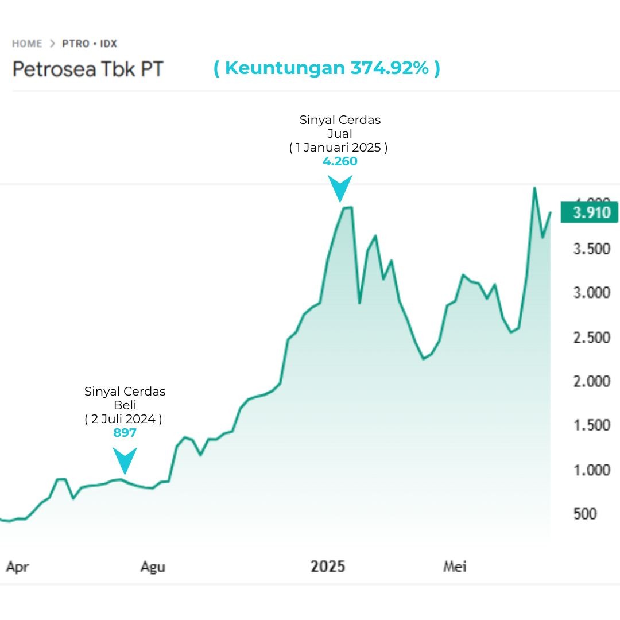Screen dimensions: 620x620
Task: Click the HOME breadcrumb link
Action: [x=27, y=44]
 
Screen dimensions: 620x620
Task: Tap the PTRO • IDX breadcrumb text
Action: [x=90, y=44]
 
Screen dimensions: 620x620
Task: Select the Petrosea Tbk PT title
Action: [x=88, y=69]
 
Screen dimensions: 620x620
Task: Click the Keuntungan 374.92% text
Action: [x=327, y=68]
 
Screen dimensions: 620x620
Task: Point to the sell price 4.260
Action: [x=340, y=161]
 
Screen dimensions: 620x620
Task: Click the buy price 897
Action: [x=125, y=433]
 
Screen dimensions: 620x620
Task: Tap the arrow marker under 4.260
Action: [x=340, y=188]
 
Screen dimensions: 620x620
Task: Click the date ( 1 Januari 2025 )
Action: [x=338, y=148]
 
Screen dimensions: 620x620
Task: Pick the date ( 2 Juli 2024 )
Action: [x=123, y=419]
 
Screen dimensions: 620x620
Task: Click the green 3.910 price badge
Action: [x=590, y=213]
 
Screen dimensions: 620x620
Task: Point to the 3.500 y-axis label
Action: [x=591, y=249]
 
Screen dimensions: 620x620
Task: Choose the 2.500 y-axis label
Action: [x=591, y=338]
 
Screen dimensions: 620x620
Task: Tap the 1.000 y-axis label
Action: [x=591, y=470]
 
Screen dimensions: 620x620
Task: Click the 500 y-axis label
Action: [x=585, y=514]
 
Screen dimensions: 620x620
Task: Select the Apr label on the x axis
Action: [x=17, y=567]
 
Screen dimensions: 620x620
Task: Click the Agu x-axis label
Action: [x=153, y=567]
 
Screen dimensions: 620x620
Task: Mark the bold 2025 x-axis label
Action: [x=328, y=567]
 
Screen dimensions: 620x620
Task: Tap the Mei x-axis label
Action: [x=455, y=567]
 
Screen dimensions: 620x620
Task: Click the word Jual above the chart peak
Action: [x=339, y=134]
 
